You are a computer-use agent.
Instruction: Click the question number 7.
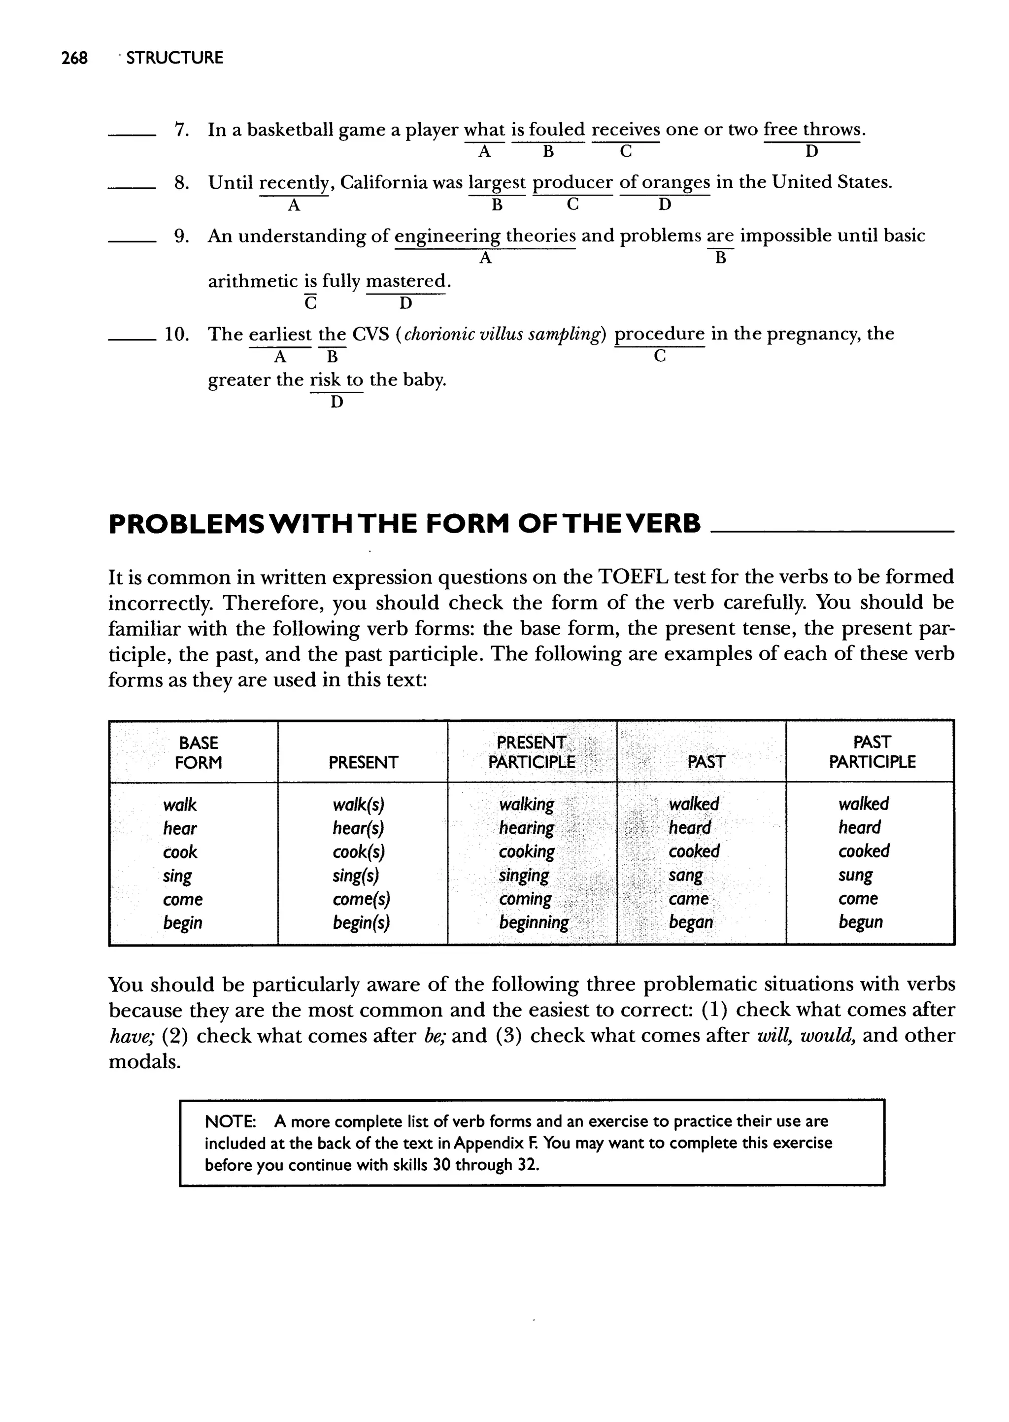(181, 131)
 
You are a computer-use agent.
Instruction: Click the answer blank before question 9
(132, 240)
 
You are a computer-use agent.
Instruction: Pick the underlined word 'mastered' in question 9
(405, 281)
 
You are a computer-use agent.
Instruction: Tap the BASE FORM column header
(198, 752)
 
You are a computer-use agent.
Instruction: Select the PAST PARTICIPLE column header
(872, 752)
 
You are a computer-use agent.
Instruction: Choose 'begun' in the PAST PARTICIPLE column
(860, 922)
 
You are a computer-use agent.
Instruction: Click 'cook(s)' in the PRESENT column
(357, 852)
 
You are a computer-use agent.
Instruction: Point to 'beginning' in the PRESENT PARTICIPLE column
(534, 922)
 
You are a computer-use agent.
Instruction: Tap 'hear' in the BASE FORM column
(179, 828)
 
